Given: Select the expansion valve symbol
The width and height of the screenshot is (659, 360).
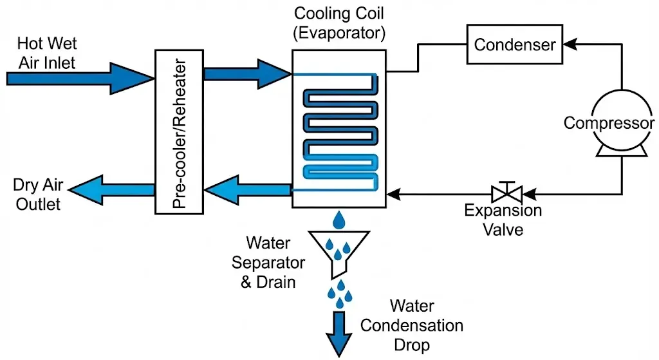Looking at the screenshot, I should [x=506, y=192].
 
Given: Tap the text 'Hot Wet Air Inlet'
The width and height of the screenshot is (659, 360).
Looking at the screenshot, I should [x=48, y=53].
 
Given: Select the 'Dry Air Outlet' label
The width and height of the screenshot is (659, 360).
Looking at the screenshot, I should [x=37, y=195].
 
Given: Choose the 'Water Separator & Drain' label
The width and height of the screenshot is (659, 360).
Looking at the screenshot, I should [x=268, y=263].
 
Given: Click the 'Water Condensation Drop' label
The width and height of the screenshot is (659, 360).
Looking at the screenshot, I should [x=411, y=325].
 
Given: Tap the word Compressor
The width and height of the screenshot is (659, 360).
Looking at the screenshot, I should [x=609, y=123].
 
